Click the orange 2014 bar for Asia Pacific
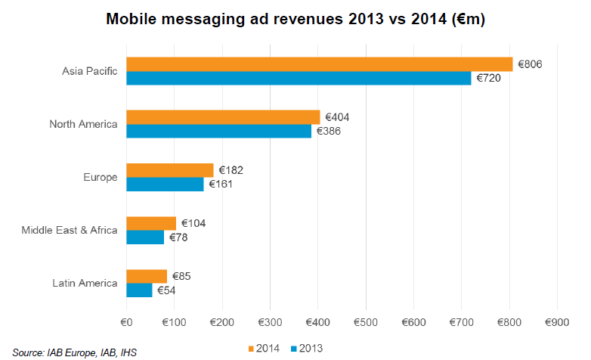click(319, 64)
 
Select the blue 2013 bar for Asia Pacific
click(299, 78)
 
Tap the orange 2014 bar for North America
click(223, 117)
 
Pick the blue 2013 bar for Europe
click(165, 184)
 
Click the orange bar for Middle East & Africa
click(151, 223)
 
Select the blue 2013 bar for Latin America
click(139, 290)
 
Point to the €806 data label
click(531, 64)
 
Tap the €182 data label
click(231, 170)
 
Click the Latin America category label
click(85, 284)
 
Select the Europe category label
click(100, 178)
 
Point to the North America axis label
click(83, 124)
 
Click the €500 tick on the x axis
click(366, 322)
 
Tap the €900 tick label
click(557, 322)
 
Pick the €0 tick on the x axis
click(126, 322)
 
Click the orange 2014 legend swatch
click(251, 348)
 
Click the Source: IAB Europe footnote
click(74, 352)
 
